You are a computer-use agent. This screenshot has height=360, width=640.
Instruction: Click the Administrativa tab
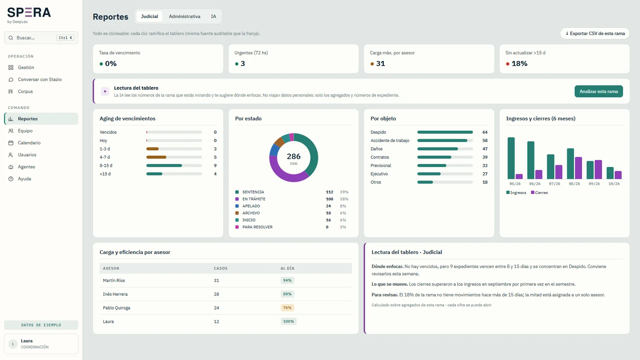pyautogui.click(x=184, y=16)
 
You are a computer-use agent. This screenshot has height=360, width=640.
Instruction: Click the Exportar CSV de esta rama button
pyautogui.click(x=595, y=34)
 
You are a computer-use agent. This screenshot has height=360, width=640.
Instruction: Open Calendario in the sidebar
pyautogui.click(x=29, y=142)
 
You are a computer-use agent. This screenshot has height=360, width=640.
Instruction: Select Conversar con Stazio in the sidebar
pyautogui.click(x=40, y=80)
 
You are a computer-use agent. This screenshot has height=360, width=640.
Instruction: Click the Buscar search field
pyautogui.click(x=41, y=38)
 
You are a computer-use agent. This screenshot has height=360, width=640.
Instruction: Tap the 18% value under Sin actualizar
pyautogui.click(x=520, y=64)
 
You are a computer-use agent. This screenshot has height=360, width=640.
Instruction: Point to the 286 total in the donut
pyautogui.click(x=294, y=156)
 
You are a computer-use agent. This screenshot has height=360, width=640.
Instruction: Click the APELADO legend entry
pyautogui.click(x=251, y=206)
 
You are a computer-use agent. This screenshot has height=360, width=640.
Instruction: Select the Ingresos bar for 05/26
pyautogui.click(x=511, y=158)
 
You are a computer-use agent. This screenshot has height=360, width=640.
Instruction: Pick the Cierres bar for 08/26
pyautogui.click(x=578, y=168)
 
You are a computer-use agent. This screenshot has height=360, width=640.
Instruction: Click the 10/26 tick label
pyautogui.click(x=614, y=184)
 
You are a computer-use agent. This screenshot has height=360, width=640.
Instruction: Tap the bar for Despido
pyautogui.click(x=445, y=132)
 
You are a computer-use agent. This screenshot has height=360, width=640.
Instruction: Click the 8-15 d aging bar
pyautogui.click(x=164, y=166)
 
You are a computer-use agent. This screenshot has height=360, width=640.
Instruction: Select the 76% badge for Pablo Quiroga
pyautogui.click(x=287, y=308)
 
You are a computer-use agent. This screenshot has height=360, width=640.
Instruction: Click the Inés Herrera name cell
pyautogui.click(x=115, y=294)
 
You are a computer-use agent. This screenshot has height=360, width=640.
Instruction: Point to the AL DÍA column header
pyautogui.click(x=287, y=268)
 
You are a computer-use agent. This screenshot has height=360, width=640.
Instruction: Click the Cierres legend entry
pyautogui.click(x=539, y=192)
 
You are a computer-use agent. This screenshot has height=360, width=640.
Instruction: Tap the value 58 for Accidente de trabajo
pyautogui.click(x=485, y=140)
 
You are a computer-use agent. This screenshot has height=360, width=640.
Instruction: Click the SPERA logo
pyautogui.click(x=29, y=12)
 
